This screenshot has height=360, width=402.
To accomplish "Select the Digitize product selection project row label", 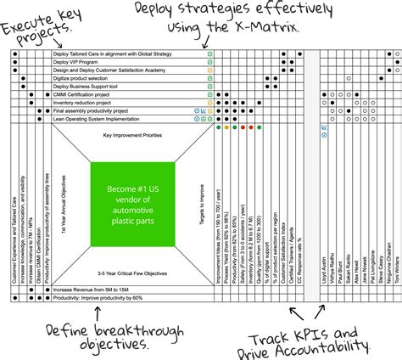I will coord(85,78).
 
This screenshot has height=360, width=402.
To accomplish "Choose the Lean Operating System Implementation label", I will coord(97,119).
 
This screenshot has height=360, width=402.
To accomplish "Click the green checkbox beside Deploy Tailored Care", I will coord(209,53).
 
